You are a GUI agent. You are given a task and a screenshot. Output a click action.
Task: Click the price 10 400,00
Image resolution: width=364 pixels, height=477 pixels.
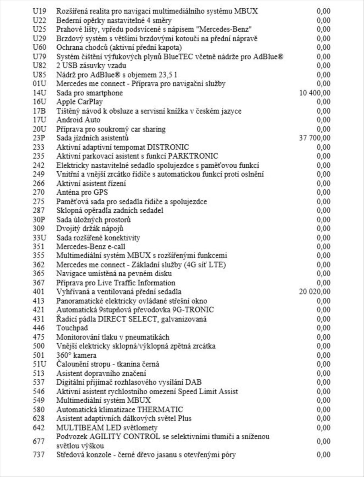point(314,93)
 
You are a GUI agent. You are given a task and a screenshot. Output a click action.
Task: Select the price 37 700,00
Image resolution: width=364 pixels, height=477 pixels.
point(314,138)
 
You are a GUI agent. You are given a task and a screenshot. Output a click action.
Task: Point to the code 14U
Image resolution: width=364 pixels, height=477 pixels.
point(39,93)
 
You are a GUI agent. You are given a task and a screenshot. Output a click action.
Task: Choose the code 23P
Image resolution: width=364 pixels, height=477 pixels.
point(39,138)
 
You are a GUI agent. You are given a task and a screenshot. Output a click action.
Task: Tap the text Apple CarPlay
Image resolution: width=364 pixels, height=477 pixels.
point(77,102)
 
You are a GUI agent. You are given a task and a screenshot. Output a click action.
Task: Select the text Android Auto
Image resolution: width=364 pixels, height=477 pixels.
point(78,120)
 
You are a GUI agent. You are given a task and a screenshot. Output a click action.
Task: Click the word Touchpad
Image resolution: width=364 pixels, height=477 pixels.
point(72,328)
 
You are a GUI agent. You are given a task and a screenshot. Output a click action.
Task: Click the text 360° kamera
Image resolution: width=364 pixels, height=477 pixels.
point(76,355)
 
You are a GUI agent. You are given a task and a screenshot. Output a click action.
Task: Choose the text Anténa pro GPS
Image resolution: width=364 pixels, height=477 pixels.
point(79,192)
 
